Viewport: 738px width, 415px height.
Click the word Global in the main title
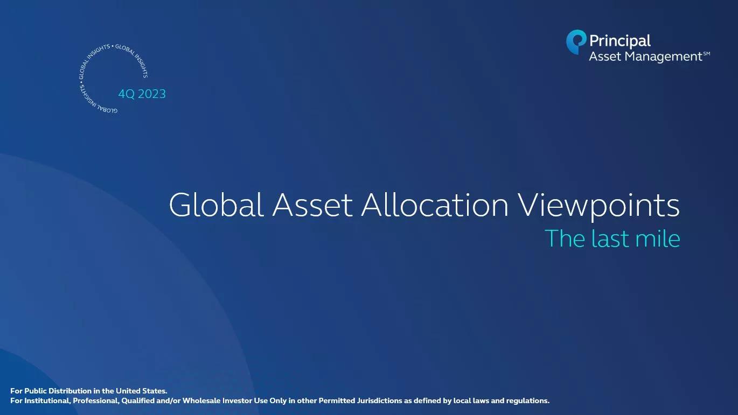pos(216,205)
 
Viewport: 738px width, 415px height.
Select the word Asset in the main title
pos(312,206)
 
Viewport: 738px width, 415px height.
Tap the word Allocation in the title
pos(435,205)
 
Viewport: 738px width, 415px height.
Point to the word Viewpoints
pos(598,207)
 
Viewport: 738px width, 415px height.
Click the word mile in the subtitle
pos(658,238)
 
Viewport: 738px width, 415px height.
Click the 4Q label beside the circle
pos(127,94)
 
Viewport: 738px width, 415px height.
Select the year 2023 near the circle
pos(152,94)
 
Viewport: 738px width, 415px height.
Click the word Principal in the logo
pos(619,41)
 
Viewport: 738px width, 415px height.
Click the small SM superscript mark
pos(707,54)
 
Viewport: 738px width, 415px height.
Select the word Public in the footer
pos(36,391)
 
